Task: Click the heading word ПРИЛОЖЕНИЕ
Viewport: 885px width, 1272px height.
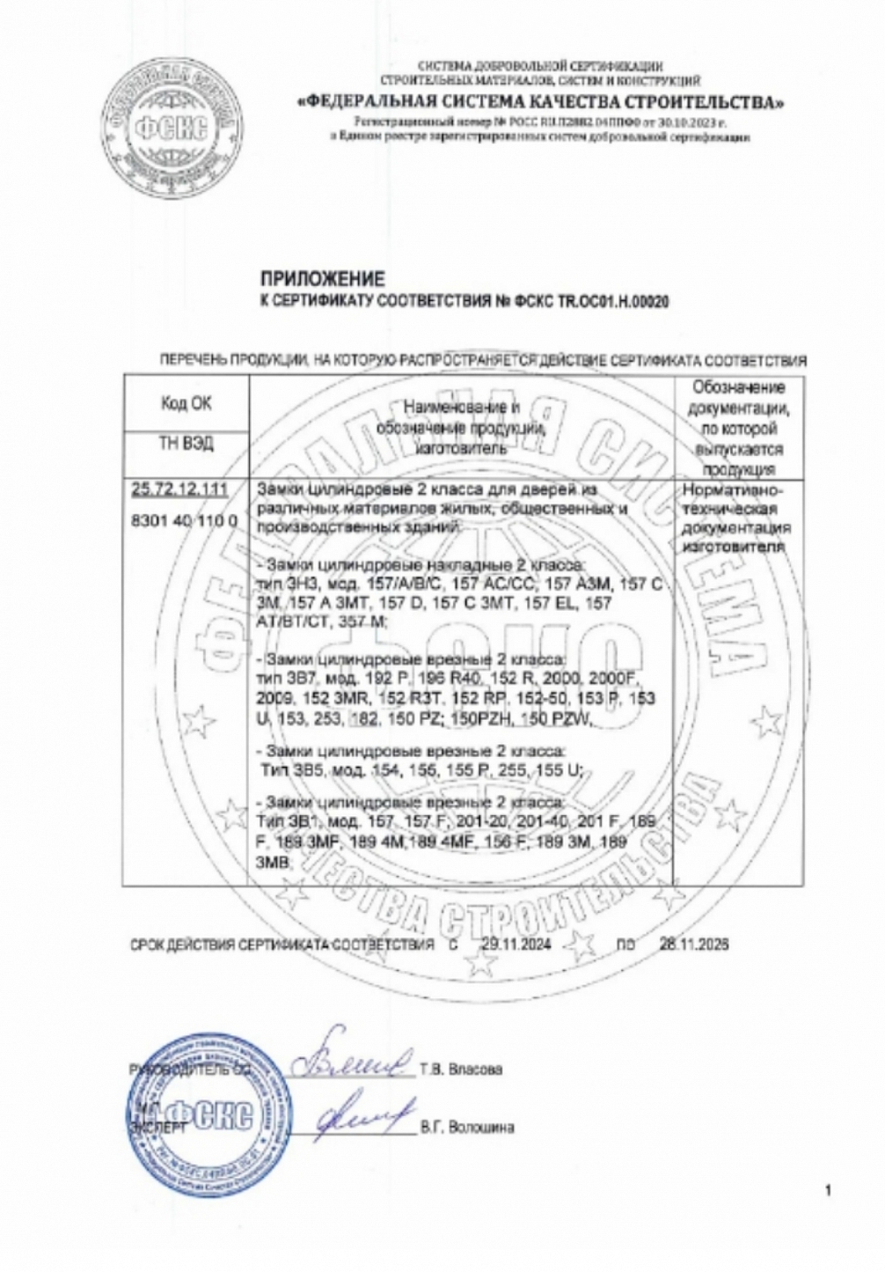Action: point(323,281)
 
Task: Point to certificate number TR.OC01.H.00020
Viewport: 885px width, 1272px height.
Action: point(612,301)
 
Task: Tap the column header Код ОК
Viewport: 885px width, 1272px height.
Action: point(186,403)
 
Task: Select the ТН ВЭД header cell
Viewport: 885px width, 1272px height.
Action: point(186,445)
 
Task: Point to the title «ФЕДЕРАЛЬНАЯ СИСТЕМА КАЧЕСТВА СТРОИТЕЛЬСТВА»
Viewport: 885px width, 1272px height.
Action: point(540,102)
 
